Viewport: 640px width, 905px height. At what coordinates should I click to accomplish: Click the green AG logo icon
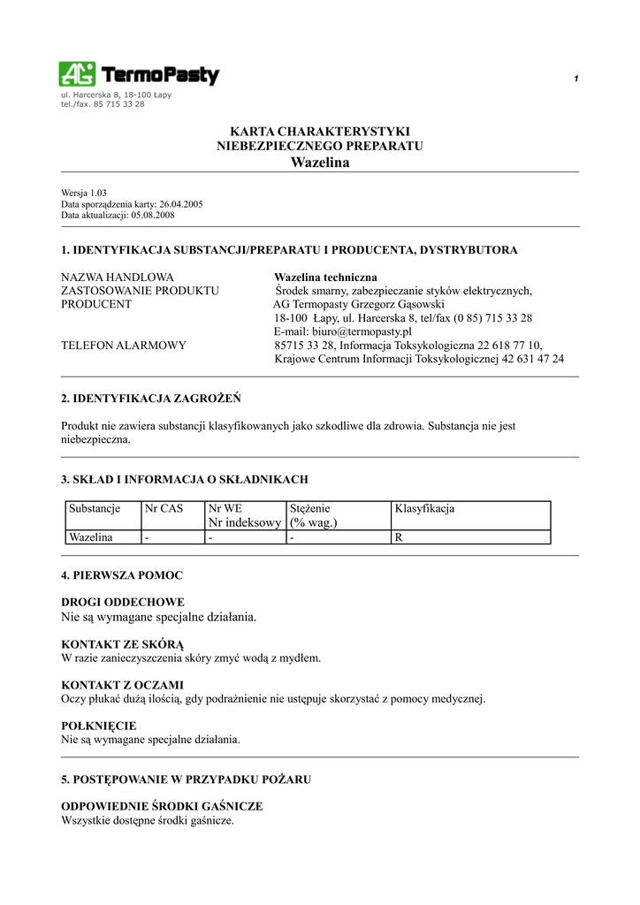pyautogui.click(x=78, y=73)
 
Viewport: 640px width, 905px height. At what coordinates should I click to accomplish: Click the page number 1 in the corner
pyautogui.click(x=575, y=80)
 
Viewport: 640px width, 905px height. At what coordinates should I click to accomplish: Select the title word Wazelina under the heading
pyautogui.click(x=320, y=162)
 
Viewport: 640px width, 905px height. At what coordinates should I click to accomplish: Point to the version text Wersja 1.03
pyautogui.click(x=84, y=193)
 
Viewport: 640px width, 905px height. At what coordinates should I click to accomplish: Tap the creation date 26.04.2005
pyautogui.click(x=181, y=204)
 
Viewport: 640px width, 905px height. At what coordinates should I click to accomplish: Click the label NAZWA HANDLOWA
pyautogui.click(x=118, y=278)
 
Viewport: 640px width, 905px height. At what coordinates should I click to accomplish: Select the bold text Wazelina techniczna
pyautogui.click(x=325, y=278)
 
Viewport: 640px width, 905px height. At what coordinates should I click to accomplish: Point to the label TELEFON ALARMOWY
pyautogui.click(x=124, y=346)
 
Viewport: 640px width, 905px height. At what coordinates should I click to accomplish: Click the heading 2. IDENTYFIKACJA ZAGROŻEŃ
pyautogui.click(x=151, y=398)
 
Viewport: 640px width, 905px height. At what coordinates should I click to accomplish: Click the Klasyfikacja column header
pyautogui.click(x=424, y=509)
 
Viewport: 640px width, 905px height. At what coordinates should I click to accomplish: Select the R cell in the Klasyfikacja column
pyautogui.click(x=399, y=536)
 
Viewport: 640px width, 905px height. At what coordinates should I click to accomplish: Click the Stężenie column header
pyautogui.click(x=310, y=509)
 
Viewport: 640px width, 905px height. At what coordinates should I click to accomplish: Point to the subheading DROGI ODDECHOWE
pyautogui.click(x=122, y=603)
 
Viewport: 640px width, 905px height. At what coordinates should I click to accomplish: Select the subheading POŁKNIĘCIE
pyautogui.click(x=98, y=726)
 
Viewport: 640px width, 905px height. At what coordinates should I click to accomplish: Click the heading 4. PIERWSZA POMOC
pyautogui.click(x=122, y=575)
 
